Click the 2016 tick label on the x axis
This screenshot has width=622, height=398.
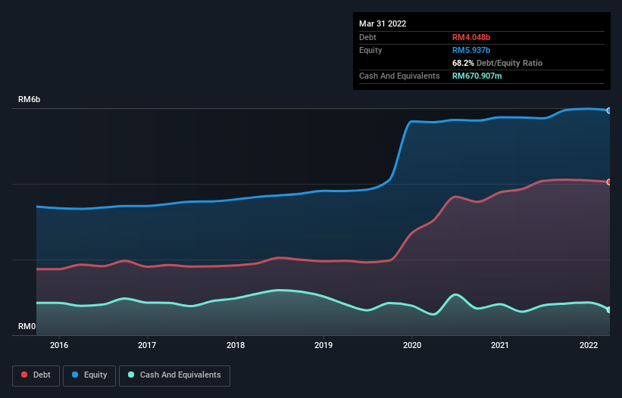point(59,345)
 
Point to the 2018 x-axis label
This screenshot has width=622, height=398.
point(236,345)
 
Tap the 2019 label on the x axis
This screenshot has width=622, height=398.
point(324,345)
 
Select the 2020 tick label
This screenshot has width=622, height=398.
point(412,345)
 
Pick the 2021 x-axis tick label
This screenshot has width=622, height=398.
point(500,345)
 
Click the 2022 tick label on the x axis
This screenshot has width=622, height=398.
point(589,345)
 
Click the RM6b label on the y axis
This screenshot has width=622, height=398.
point(30,100)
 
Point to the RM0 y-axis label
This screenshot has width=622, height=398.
point(27,327)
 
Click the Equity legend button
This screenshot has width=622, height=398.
point(89,375)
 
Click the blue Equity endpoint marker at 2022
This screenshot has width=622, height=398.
point(609,110)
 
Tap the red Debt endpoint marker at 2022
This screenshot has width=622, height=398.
point(609,182)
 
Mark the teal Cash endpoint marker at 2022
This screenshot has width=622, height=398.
point(609,309)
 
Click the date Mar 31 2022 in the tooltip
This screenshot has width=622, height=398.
point(383,23)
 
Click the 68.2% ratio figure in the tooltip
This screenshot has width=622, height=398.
point(464,63)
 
